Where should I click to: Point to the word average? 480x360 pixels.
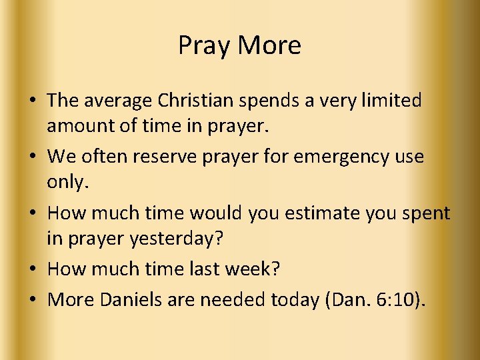click(118, 101)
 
